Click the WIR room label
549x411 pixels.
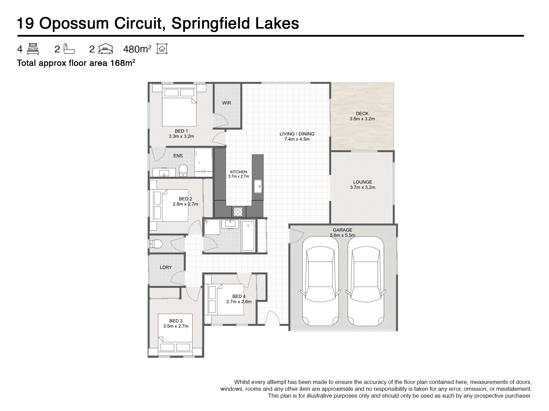226,103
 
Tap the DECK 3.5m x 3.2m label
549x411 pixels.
362,116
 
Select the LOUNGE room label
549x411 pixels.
362,182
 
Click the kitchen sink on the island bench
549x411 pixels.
258,187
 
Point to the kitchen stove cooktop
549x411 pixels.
237,212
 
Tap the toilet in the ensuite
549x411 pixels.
183,170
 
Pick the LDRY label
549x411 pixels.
166,267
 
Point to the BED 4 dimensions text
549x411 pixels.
239,302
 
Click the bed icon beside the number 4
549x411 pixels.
33,49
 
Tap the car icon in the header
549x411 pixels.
106,49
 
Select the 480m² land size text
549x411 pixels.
137,50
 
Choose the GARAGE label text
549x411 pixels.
342,230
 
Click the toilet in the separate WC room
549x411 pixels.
156,244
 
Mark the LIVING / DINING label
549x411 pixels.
297,134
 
